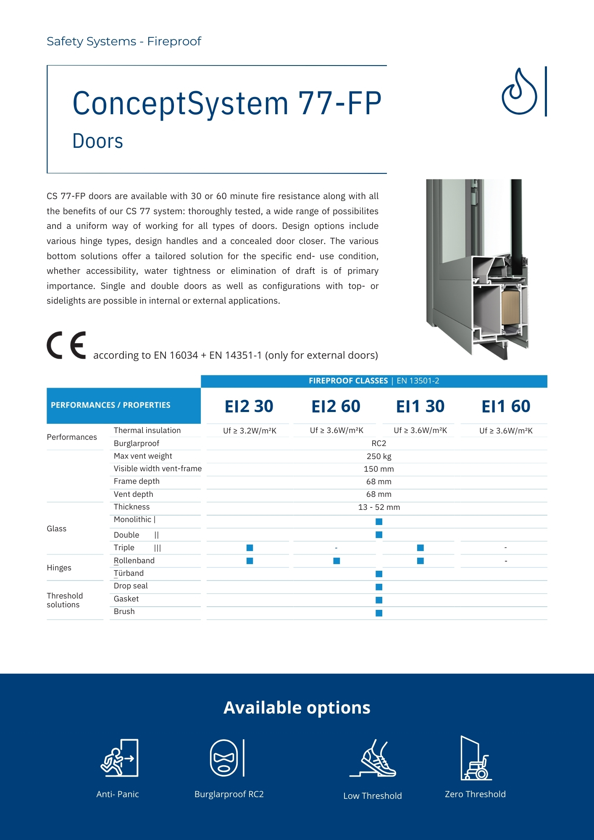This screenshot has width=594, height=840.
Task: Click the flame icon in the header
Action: pyautogui.click(x=519, y=92)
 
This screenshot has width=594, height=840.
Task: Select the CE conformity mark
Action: pyautogui.click(x=66, y=345)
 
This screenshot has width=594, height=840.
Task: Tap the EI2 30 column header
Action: pyautogui.click(x=249, y=406)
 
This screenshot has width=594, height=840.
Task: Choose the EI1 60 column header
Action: pyautogui.click(x=506, y=406)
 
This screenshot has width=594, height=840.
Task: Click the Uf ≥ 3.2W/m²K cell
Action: pyautogui.click(x=250, y=430)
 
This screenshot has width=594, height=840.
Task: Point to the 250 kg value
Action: pyautogui.click(x=378, y=457)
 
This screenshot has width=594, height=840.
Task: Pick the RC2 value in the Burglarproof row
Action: pyautogui.click(x=378, y=444)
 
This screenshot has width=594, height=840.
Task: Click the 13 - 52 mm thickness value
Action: pyautogui.click(x=378, y=507)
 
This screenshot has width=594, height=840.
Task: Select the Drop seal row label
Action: pyautogui.click(x=131, y=586)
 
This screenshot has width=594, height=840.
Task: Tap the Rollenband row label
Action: pyautogui.click(x=134, y=561)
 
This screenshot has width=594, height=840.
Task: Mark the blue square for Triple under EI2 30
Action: pyautogui.click(x=250, y=548)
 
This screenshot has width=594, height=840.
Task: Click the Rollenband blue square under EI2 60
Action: pyautogui.click(x=336, y=561)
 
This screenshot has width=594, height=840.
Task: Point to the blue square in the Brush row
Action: pyautogui.click(x=379, y=613)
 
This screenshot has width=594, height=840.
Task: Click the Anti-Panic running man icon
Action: pyautogui.click(x=119, y=758)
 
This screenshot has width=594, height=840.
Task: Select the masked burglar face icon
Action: pyautogui.click(x=224, y=758)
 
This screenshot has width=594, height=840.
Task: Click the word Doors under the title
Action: pyautogui.click(x=98, y=141)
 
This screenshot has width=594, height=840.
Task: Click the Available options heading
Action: pyautogui.click(x=297, y=708)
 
